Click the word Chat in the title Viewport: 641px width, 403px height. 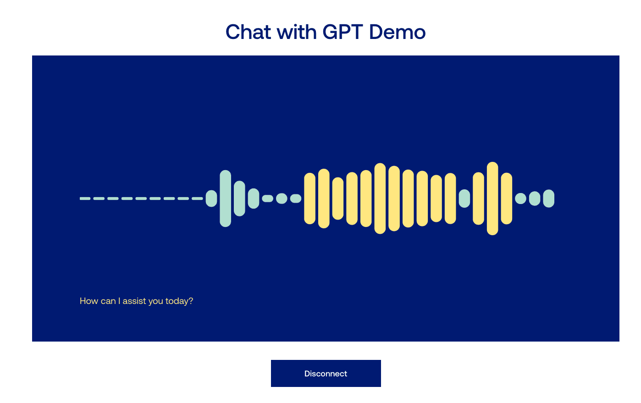click(x=248, y=32)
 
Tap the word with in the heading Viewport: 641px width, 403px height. click(x=297, y=32)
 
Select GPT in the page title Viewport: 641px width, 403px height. click(x=343, y=32)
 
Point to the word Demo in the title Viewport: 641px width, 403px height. click(x=398, y=32)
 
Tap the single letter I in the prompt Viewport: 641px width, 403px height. click(x=119, y=301)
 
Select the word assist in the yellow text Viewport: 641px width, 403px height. click(x=134, y=301)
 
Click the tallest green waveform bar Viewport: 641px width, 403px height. click(x=226, y=199)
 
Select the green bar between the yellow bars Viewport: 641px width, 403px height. click(x=464, y=199)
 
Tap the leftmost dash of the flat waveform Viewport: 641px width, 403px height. click(x=85, y=199)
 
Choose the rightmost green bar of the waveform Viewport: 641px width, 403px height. click(x=549, y=199)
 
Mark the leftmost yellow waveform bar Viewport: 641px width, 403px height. click(x=310, y=199)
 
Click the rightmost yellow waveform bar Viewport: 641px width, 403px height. click(x=507, y=199)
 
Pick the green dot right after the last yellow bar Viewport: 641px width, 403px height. click(x=521, y=199)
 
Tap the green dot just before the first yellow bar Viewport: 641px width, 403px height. click(x=296, y=199)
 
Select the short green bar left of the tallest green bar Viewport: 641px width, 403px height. click(x=211, y=199)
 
